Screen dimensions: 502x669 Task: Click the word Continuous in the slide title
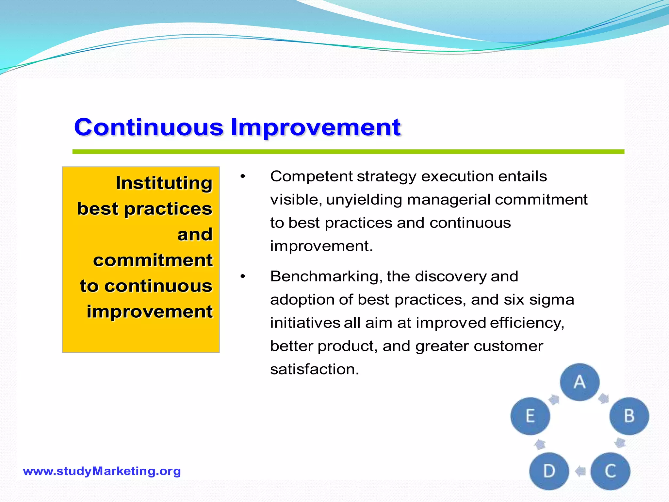[149, 127]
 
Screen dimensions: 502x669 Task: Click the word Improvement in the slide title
[316, 127]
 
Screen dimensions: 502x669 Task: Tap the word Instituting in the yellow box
[164, 183]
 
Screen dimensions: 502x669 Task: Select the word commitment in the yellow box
[153, 260]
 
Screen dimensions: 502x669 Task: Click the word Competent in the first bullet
[311, 176]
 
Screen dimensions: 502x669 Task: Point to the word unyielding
[364, 200]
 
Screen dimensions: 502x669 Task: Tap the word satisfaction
[315, 369]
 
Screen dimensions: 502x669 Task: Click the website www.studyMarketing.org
[102, 471]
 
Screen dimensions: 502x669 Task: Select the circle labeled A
[580, 382]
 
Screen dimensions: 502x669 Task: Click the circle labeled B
[629, 416]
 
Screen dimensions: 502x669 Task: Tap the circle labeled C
[610, 471]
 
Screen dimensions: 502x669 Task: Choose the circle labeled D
[549, 471]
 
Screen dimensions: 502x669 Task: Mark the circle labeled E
[530, 416]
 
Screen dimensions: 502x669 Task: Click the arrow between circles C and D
[580, 471]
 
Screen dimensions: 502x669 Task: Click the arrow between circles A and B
[603, 398]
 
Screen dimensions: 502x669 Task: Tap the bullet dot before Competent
[242, 177]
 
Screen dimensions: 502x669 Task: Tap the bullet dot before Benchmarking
[242, 277]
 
